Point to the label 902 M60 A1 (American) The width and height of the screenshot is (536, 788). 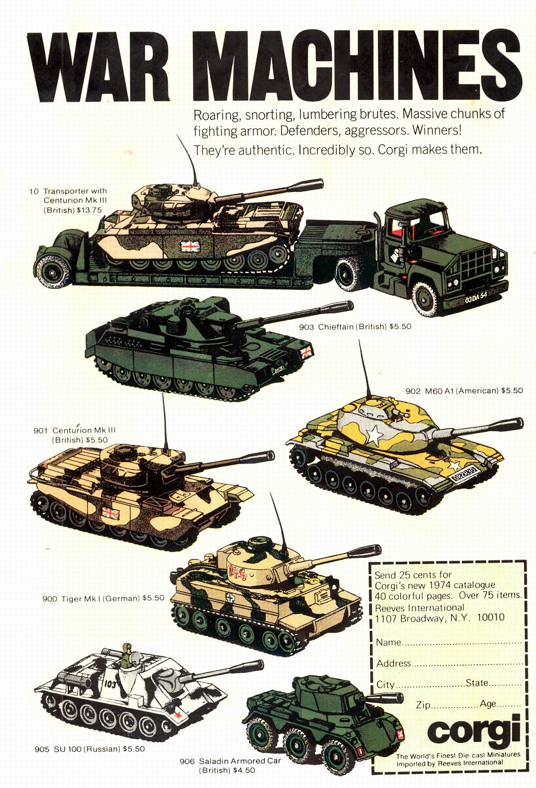pyautogui.click(x=452, y=390)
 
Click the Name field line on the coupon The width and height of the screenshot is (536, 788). pyautogui.click(x=449, y=643)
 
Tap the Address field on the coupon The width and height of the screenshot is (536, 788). pyautogui.click(x=449, y=663)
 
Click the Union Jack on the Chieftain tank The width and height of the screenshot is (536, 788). pyautogui.click(x=306, y=352)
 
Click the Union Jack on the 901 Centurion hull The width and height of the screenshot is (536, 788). pyautogui.click(x=109, y=513)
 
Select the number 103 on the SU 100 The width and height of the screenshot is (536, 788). pyautogui.click(x=110, y=683)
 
